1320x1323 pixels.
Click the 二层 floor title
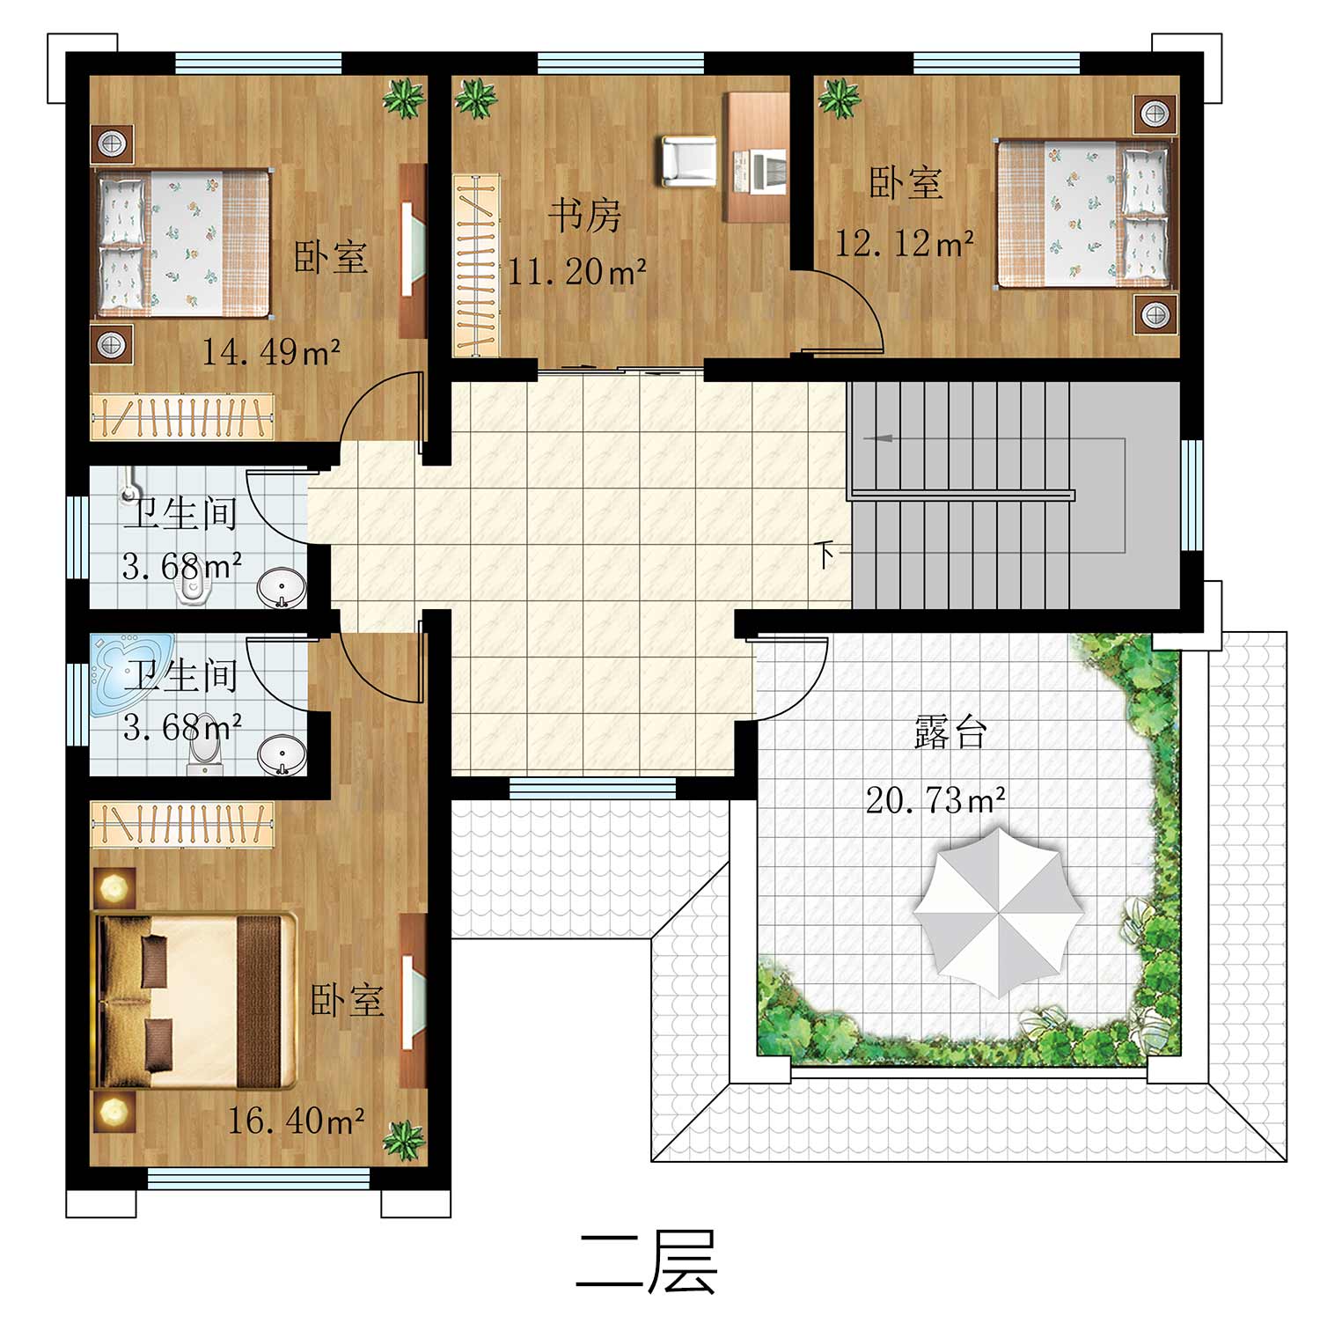coord(647,1261)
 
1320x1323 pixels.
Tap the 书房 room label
coord(585,216)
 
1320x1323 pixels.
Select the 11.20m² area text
coord(577,271)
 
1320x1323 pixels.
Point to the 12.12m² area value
coord(904,243)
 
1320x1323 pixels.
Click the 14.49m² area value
coord(271,352)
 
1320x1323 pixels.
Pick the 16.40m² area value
coord(297,1120)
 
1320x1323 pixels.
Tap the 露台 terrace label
coord(950,732)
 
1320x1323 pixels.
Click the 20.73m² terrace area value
coord(936,800)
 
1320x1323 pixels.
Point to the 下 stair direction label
coord(825,555)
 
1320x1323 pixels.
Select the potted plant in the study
coord(476,98)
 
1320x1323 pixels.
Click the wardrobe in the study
coord(476,265)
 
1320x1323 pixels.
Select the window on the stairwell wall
coord(1192,494)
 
